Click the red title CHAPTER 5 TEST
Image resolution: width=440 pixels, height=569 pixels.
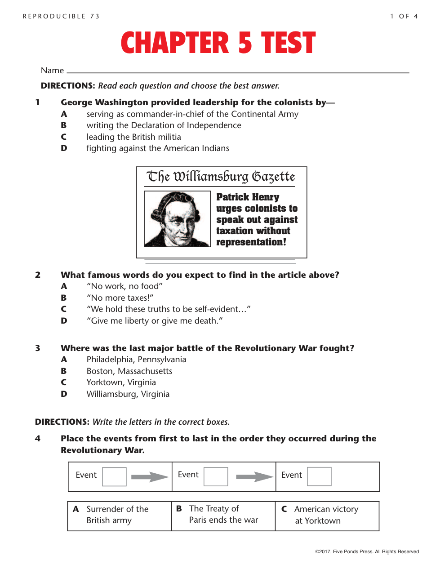218,43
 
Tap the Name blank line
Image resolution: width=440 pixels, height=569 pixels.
237,71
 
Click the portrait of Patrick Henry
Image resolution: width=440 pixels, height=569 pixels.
177,219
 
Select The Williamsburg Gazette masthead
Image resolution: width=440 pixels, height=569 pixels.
221,177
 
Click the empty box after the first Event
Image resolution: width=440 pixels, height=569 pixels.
114,476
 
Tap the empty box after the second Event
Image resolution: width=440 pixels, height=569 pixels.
216,476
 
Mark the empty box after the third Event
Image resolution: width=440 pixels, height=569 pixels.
319,476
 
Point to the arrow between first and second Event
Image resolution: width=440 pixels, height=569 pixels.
149,477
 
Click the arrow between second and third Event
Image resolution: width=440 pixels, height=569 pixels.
254,477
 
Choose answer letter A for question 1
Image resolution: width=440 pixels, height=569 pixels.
64,114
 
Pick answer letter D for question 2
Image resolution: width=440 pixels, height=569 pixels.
64,321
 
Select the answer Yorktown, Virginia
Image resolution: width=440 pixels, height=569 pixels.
121,382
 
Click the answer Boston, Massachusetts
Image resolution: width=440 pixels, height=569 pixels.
129,371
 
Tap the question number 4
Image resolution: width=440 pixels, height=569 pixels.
38,439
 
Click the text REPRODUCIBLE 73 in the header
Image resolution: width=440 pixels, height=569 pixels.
61,16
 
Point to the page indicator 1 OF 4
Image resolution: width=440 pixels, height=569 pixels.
404,16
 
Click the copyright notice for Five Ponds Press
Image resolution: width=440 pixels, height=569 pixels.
367,551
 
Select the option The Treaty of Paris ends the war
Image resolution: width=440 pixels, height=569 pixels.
223,515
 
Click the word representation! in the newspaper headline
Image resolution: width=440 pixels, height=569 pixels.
251,242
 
